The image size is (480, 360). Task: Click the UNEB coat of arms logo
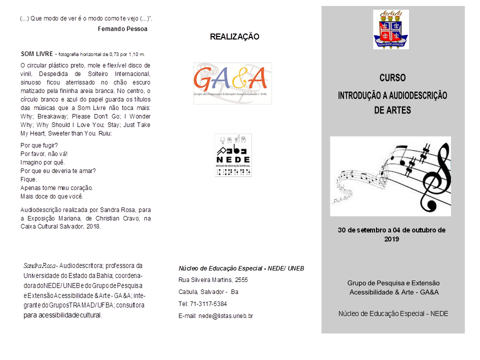tap(390, 29)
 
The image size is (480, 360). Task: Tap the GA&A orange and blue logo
tap(232, 83)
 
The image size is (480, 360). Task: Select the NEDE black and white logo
tap(233, 155)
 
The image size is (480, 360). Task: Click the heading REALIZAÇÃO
tap(234, 36)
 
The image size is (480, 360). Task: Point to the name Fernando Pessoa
tap(122, 28)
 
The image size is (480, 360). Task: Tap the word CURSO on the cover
tap(392, 78)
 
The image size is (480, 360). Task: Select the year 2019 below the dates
tap(391, 239)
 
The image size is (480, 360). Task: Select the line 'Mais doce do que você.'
tap(51, 196)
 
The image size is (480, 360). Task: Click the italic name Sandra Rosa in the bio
tap(39, 265)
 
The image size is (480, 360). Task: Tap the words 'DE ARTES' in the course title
tap(392, 110)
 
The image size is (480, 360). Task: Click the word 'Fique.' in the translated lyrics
tap(28, 179)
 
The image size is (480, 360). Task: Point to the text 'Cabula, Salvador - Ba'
tap(208, 292)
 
